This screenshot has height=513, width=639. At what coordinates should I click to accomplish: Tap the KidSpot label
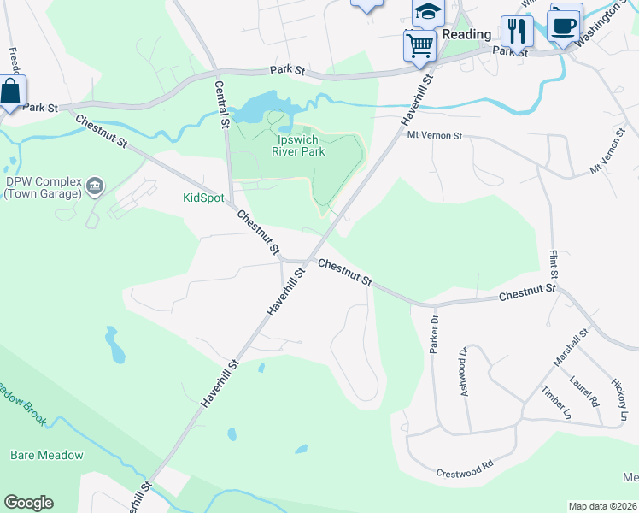pos(203,198)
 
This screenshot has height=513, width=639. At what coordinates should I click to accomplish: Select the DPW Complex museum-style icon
pos(95,185)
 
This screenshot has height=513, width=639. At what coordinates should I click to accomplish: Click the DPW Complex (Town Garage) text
pos(42,188)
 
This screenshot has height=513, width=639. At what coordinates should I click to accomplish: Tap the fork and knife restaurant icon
pos(516,31)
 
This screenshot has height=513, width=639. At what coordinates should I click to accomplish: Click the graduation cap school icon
pos(428,11)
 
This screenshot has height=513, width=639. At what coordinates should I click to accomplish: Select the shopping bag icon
pos(10,91)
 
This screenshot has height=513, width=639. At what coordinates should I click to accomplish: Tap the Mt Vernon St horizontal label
pos(434,135)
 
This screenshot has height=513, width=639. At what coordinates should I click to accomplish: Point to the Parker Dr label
pos(434,332)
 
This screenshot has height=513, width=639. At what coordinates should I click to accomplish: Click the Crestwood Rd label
pos(465,469)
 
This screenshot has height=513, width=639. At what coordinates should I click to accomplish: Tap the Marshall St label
pos(572,349)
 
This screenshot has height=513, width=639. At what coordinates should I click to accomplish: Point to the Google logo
pos(28,503)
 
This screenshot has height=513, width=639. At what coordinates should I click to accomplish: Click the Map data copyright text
pos(601,506)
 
